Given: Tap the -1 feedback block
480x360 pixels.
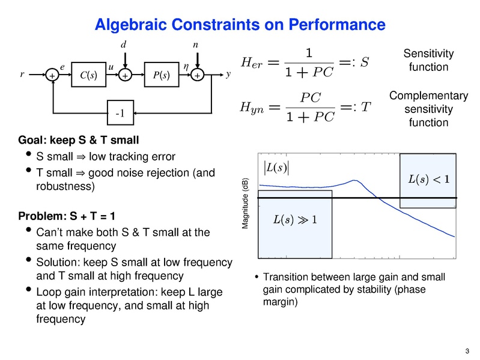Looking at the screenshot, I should point(124,112).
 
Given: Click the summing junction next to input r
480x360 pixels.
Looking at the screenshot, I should point(52,76).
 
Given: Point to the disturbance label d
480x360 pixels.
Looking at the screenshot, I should point(124,45).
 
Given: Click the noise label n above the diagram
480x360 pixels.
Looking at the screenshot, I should point(195,45).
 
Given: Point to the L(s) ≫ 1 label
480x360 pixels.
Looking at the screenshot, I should point(294,218).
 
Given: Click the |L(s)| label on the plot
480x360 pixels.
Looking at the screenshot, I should point(276,166).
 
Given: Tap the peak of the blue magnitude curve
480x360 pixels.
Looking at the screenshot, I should point(353,180).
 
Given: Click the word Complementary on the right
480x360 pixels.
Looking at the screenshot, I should point(428,96).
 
